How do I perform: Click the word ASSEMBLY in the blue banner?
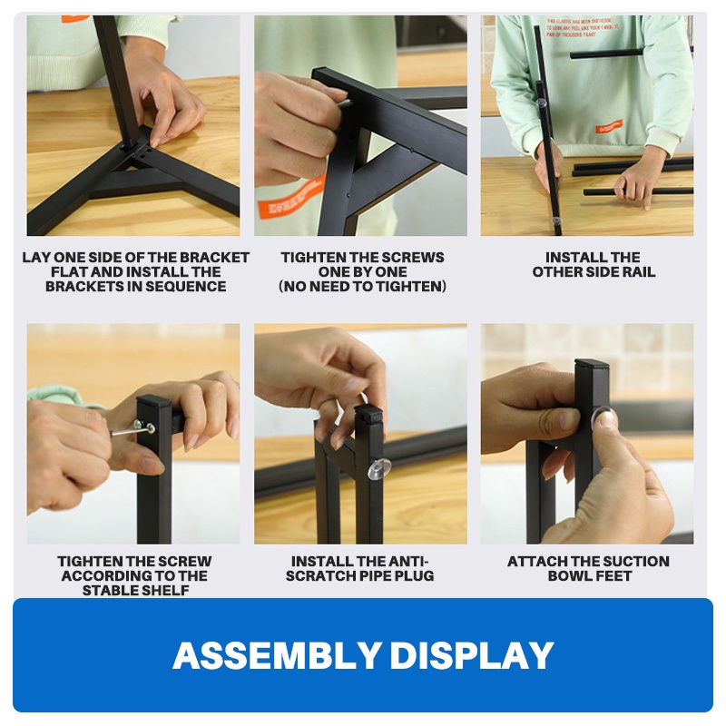[276, 655]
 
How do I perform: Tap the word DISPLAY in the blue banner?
[472, 655]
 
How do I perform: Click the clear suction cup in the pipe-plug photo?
[378, 468]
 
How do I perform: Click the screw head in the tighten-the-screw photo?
[139, 425]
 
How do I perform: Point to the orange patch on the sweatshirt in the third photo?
[608, 127]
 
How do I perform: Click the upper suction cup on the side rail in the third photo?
[542, 103]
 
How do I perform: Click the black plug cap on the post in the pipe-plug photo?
[369, 410]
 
